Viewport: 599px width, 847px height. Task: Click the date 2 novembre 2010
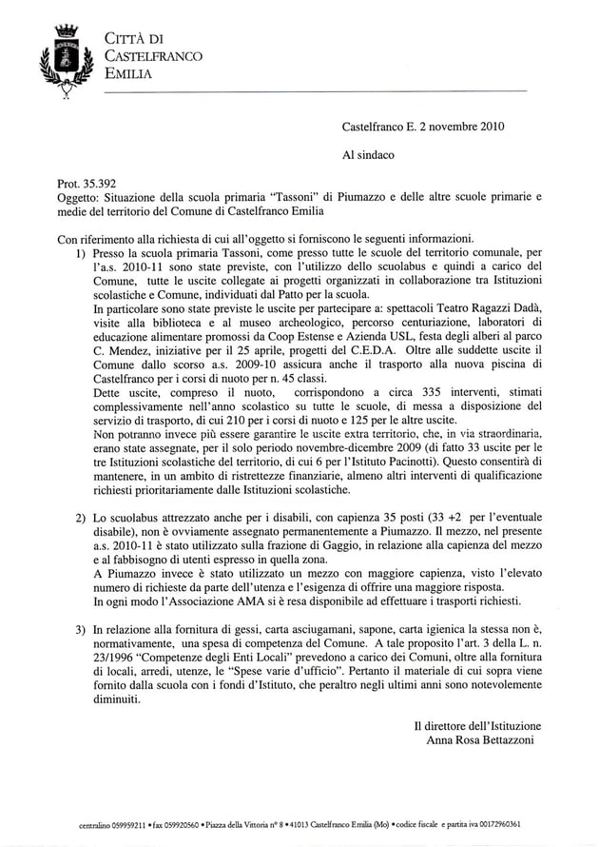(458, 125)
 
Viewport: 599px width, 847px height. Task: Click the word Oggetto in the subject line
(80, 197)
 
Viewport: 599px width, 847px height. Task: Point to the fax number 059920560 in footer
(173, 826)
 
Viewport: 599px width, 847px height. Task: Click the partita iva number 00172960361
(493, 826)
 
